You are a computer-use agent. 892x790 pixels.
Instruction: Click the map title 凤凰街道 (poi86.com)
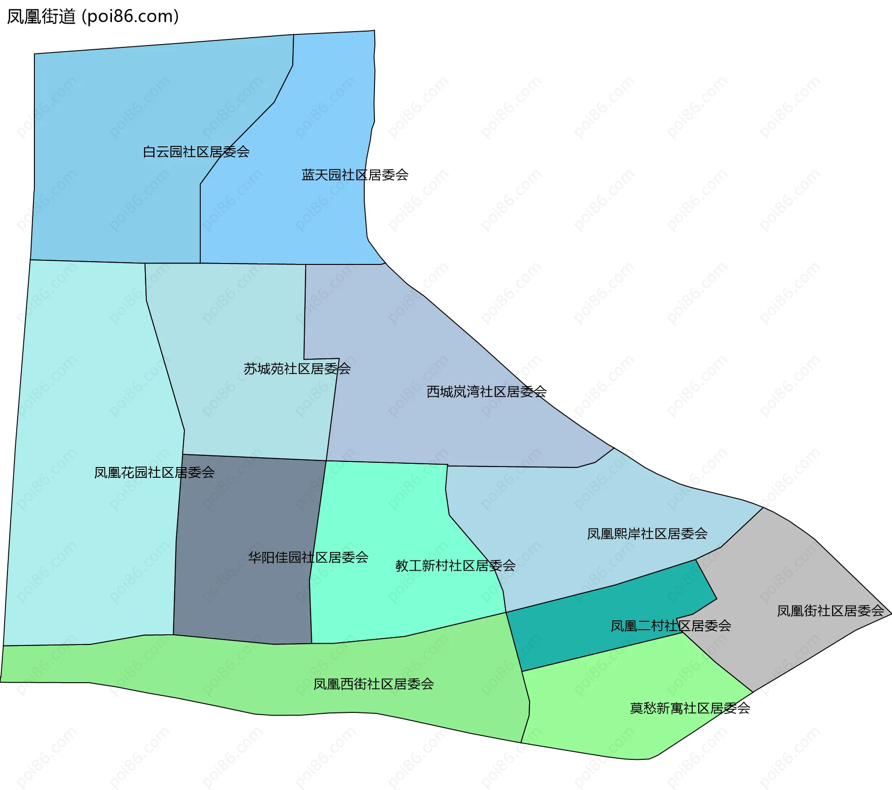[x=93, y=17]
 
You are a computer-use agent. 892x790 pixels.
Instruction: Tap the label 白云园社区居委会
[x=196, y=152]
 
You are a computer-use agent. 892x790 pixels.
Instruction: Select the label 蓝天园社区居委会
[x=355, y=175]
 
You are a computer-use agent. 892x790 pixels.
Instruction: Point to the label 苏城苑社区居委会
[x=297, y=369]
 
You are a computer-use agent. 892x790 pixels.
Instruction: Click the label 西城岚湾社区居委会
[x=486, y=392]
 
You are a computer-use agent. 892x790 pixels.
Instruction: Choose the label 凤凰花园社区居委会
[x=154, y=473]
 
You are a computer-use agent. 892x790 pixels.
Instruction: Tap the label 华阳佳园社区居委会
[x=308, y=558]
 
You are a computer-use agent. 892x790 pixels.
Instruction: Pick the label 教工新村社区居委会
[x=455, y=566]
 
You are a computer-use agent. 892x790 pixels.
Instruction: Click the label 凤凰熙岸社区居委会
[x=647, y=534]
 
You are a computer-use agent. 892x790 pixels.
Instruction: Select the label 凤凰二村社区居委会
[x=671, y=626]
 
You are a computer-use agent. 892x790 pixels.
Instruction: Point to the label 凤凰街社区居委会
[x=830, y=611]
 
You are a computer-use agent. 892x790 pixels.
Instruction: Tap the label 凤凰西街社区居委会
[x=374, y=685]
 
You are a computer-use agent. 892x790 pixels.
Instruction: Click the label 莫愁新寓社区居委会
[x=690, y=708]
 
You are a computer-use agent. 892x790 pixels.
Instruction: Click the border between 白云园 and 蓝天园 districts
[x=200, y=223]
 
